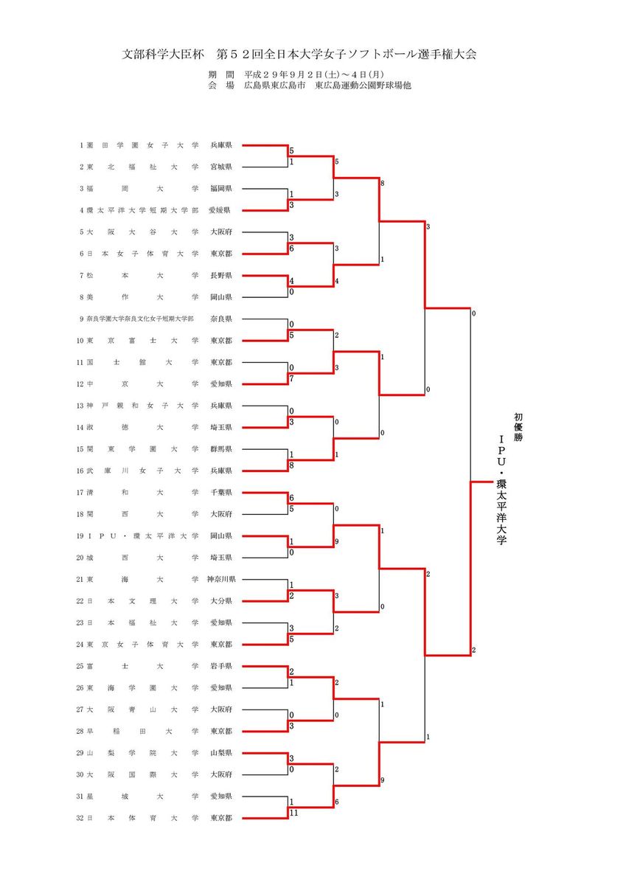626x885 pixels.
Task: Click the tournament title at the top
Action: (x=299, y=55)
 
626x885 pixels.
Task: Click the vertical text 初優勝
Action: (x=518, y=427)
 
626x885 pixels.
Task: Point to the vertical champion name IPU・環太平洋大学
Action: (x=502, y=490)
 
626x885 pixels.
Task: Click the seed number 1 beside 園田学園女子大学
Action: (x=82, y=145)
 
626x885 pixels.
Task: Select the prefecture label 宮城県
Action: (x=221, y=167)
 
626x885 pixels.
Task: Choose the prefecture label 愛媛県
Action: (x=221, y=210)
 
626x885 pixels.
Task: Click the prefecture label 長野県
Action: (x=221, y=275)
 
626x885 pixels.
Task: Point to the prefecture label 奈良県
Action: (x=221, y=319)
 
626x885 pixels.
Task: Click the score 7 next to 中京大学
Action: (x=292, y=378)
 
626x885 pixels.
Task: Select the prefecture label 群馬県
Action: (x=221, y=448)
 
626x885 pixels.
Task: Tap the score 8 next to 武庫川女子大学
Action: (x=292, y=465)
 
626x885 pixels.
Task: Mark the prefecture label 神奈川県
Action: (x=220, y=579)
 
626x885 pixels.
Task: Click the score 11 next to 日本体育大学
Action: (x=293, y=813)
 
